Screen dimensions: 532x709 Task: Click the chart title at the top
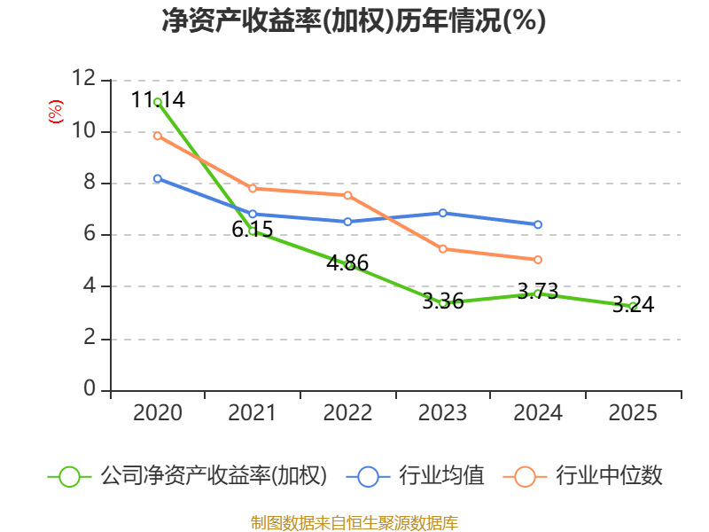click(x=354, y=21)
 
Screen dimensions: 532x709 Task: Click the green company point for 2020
click(x=157, y=102)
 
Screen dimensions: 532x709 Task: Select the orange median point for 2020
click(x=157, y=136)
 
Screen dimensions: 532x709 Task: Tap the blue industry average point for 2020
click(x=157, y=178)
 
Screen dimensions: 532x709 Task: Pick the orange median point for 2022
click(x=347, y=195)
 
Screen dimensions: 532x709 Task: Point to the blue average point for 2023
click(x=442, y=213)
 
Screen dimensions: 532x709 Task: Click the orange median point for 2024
click(x=538, y=260)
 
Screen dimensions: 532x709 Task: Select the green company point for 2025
click(x=633, y=306)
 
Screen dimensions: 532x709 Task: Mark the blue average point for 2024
click(x=538, y=224)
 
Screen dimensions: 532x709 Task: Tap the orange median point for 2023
click(x=442, y=249)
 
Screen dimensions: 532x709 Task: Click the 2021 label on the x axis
click(x=252, y=413)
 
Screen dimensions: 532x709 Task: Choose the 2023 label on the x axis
click(x=442, y=413)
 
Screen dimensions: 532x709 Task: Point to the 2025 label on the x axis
click(x=633, y=413)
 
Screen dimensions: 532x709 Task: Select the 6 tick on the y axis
click(x=89, y=235)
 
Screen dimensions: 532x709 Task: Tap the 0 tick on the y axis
click(x=89, y=390)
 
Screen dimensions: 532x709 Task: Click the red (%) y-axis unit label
click(x=56, y=113)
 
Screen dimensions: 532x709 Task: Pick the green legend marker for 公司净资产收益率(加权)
click(x=69, y=476)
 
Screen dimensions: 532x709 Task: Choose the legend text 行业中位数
click(x=609, y=476)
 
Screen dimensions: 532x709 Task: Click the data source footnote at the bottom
click(x=354, y=522)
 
